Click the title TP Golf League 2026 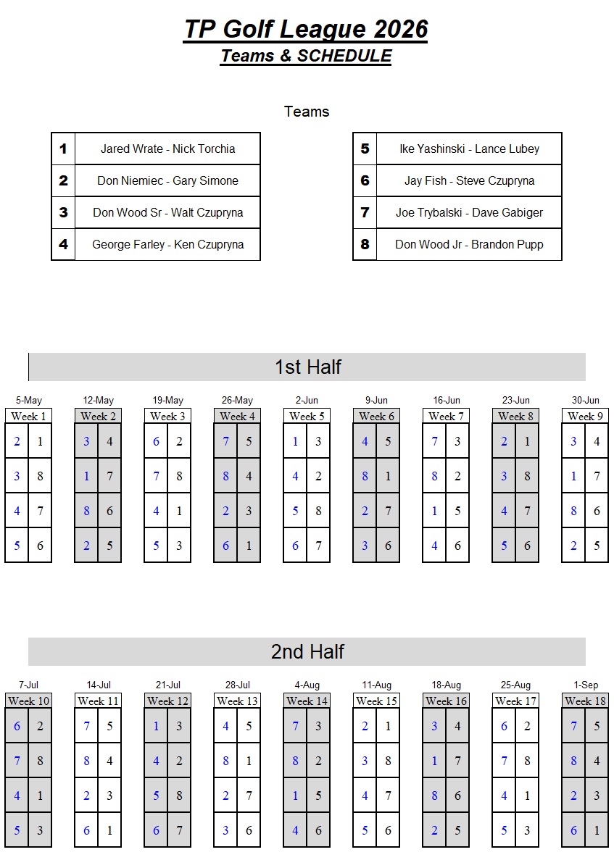306,30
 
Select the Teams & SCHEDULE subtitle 306,56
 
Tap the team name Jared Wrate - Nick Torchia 168,149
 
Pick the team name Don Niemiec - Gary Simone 168,180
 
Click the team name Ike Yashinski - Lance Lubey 469,149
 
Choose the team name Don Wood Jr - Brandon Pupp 469,244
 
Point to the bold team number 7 365,212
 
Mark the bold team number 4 64,244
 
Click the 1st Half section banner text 308,367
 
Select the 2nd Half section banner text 307,651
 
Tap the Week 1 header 28,417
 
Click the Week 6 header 376,417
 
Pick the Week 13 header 237,701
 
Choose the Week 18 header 585,701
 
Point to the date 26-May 237,401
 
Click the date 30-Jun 586,401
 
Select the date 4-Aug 307,685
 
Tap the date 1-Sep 586,685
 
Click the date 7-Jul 28,685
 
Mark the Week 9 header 585,417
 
